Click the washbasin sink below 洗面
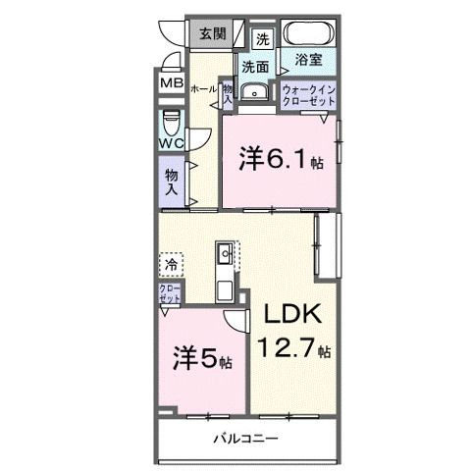(256, 91)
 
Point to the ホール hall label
(203, 87)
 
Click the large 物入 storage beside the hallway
(172, 181)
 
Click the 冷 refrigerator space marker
(171, 264)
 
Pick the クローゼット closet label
(170, 291)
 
